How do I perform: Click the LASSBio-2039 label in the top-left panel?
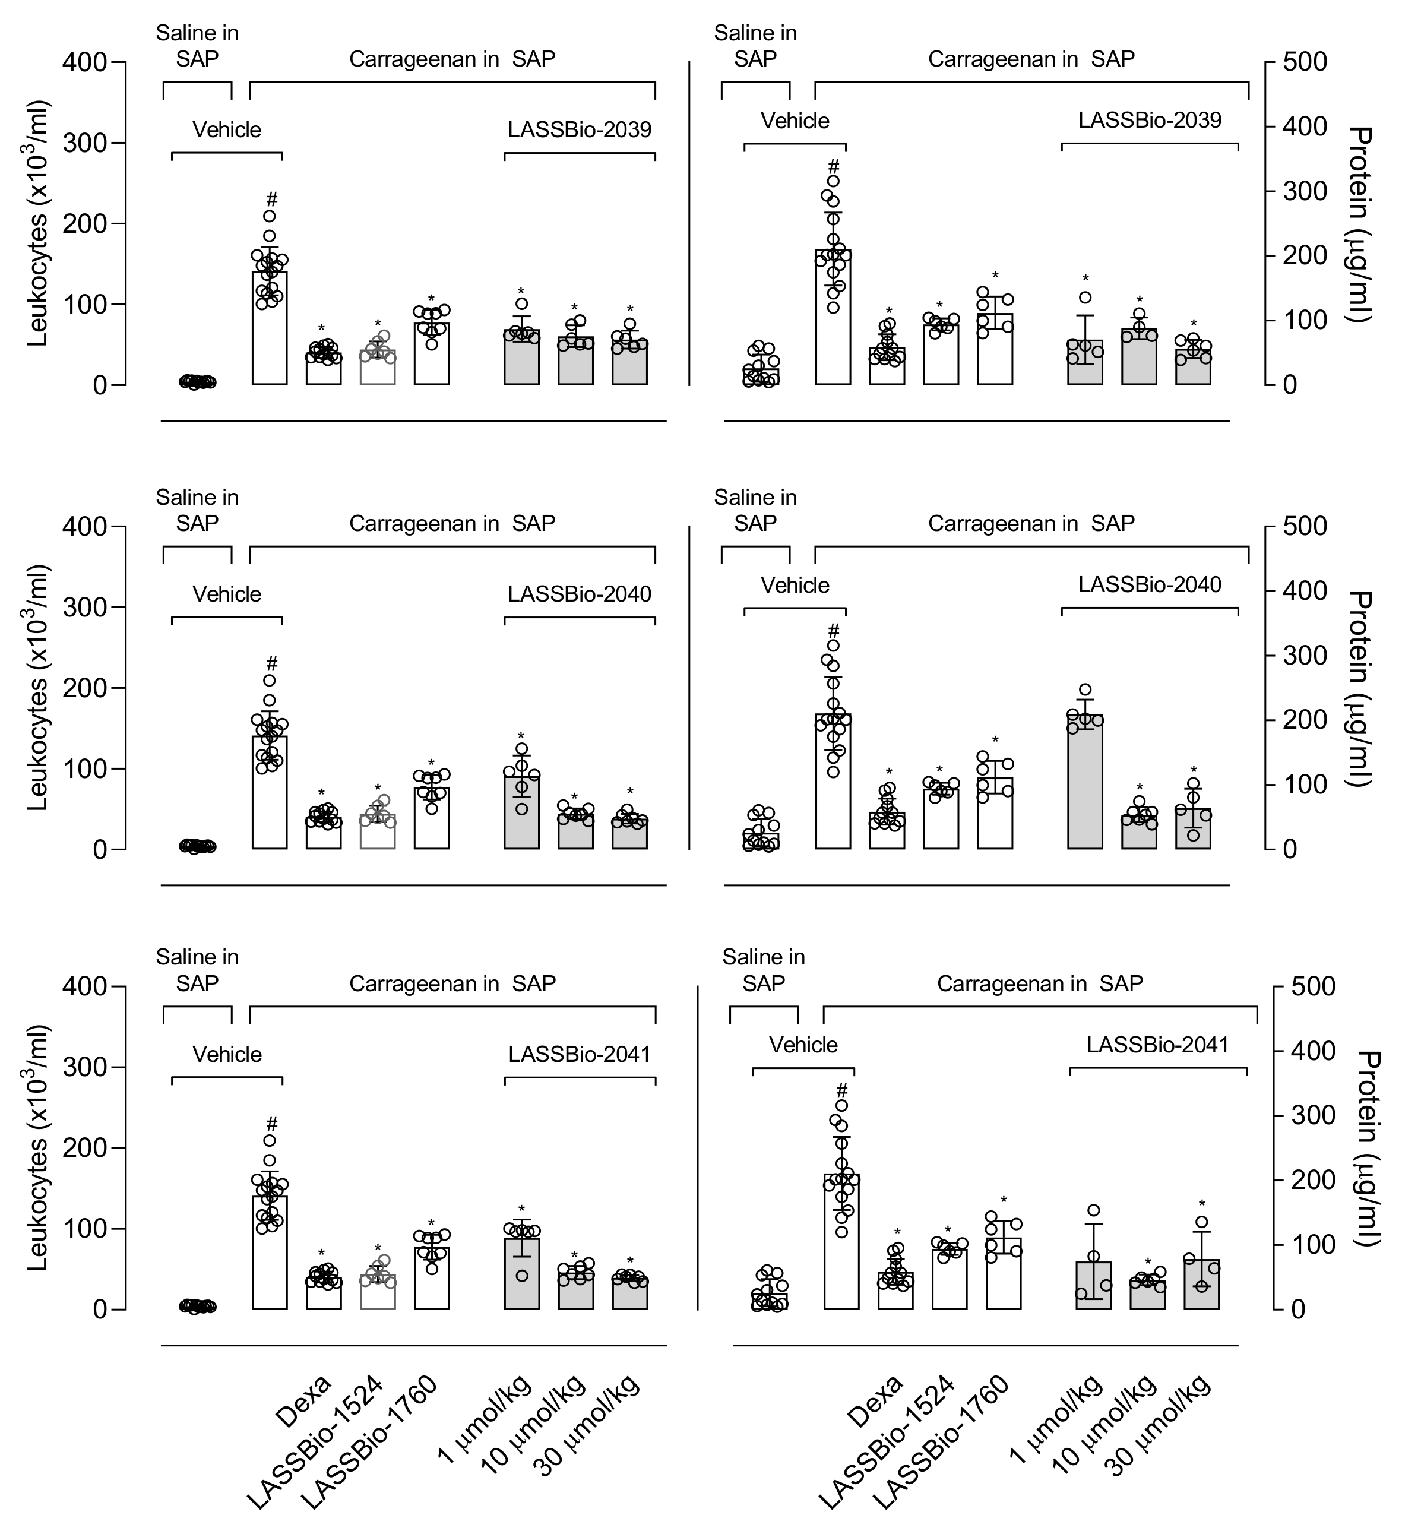click(579, 130)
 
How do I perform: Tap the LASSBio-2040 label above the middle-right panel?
click(1150, 584)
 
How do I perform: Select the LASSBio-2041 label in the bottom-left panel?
click(579, 1055)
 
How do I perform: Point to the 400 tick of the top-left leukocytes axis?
click(85, 62)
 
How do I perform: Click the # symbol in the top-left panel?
click(271, 200)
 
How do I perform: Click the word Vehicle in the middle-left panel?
click(227, 594)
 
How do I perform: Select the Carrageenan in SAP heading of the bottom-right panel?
click(1039, 984)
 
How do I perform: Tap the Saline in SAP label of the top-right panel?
click(755, 46)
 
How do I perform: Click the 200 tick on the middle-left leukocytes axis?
click(85, 688)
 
